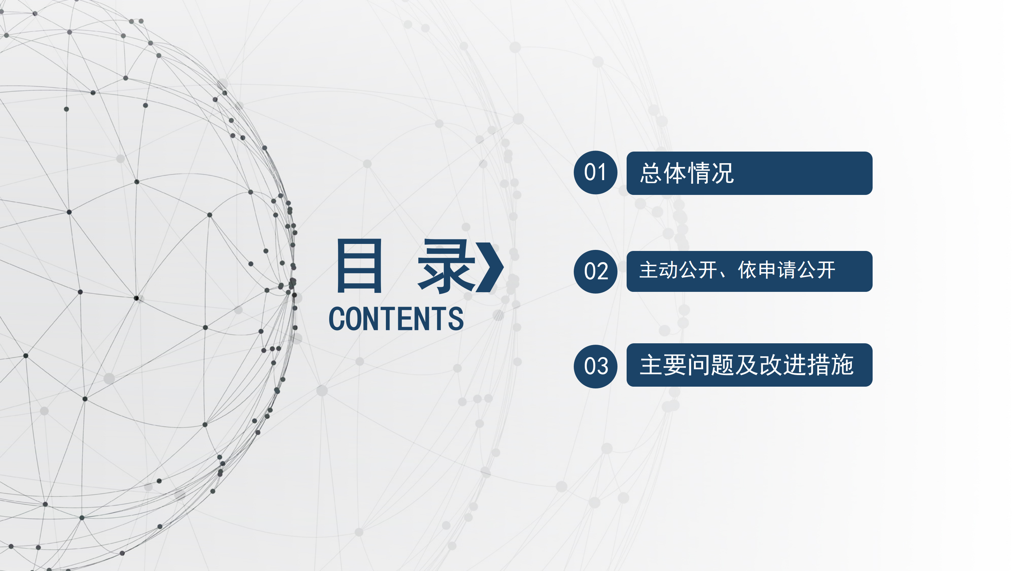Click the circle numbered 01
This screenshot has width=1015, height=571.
point(595,173)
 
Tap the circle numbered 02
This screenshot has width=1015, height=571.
point(595,271)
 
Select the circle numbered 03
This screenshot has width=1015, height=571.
point(595,366)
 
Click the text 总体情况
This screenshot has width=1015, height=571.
point(687,173)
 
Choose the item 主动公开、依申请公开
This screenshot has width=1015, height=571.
point(737,270)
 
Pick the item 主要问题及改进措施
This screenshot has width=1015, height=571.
point(747,365)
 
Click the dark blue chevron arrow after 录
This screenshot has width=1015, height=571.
point(490,267)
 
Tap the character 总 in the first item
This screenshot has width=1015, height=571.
point(651,173)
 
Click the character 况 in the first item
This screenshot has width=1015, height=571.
point(722,173)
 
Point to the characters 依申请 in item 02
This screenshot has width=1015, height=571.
point(767,270)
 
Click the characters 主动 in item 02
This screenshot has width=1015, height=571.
point(658,270)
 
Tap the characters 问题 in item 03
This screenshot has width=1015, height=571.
point(710,365)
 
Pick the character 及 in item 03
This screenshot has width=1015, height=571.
point(746,365)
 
